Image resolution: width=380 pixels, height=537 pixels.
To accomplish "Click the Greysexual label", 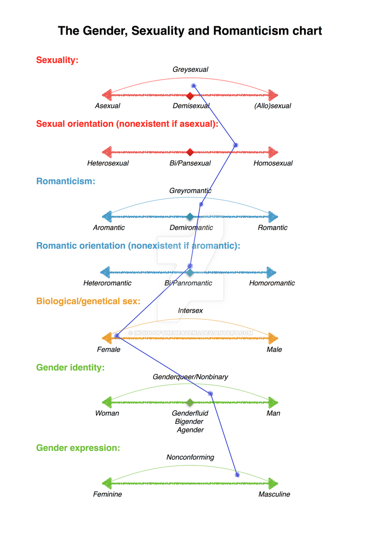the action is tap(190, 69).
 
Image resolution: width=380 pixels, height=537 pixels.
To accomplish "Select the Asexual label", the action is tap(108, 106).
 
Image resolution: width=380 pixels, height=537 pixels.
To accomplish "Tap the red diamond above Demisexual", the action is tap(190, 96).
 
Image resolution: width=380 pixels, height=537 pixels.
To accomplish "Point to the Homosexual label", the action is tap(273, 163).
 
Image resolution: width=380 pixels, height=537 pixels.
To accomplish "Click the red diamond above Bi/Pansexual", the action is tap(190, 152).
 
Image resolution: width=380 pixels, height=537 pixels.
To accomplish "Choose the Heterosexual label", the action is tap(108, 163).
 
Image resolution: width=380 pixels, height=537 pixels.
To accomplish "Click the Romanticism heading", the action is tap(66, 181).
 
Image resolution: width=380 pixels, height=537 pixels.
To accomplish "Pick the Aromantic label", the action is tap(109, 227).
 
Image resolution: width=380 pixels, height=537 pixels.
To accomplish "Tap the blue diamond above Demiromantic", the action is tap(190, 217).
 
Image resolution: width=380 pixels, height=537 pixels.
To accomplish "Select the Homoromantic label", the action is tap(272, 283).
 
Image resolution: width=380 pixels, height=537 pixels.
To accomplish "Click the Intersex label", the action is tap(190, 311).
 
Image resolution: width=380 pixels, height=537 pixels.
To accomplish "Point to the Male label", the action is tap(274, 349).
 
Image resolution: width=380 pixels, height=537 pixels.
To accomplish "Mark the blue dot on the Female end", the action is tap(117, 336).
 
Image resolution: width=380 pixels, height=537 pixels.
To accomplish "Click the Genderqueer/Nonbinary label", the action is tap(190, 377).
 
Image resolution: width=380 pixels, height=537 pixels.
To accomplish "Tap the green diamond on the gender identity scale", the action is tap(190, 402).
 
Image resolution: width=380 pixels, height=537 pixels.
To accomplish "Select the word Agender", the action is tap(190, 430).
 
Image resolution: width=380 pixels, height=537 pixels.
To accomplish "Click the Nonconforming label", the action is tap(190, 457).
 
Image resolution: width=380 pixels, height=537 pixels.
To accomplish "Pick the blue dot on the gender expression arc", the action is tap(237, 475).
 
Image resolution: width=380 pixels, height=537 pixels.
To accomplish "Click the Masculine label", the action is tap(274, 494).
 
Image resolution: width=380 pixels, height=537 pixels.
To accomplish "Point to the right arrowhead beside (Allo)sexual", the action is tap(273, 95).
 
